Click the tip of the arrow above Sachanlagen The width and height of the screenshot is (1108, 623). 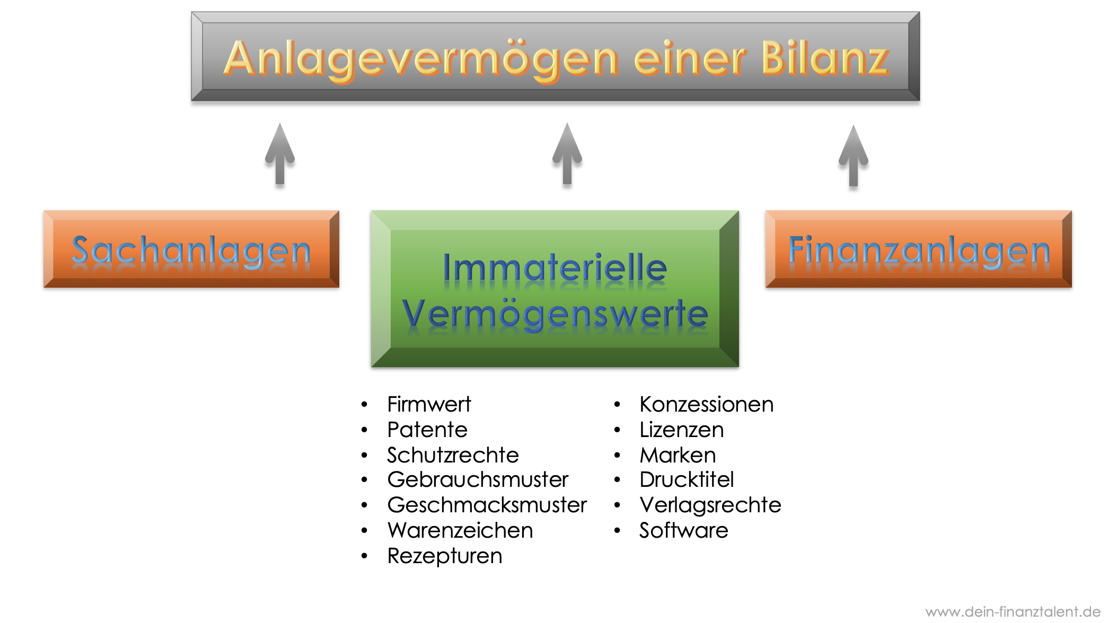click(280, 123)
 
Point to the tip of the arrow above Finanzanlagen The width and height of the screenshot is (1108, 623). click(854, 126)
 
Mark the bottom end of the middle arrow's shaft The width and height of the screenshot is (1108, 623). click(567, 184)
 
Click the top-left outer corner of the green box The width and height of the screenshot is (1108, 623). click(371, 211)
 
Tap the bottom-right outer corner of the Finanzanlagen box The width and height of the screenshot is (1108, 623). click(1072, 288)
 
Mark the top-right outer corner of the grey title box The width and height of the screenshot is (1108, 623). click(920, 12)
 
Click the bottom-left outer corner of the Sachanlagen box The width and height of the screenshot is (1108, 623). click(43, 288)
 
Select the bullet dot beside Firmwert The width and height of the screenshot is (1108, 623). click(364, 405)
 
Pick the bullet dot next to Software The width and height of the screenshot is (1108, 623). click(617, 530)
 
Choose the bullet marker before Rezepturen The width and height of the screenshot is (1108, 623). click(364, 556)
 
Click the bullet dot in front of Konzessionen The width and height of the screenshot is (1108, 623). click(617, 405)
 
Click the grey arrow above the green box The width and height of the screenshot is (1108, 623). click(567, 154)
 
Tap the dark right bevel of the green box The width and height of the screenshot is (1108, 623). click(729, 289)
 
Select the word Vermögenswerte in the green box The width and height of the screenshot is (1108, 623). click(555, 314)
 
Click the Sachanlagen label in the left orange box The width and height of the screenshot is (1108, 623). click(191, 251)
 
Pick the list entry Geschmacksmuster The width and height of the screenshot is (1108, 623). click(487, 505)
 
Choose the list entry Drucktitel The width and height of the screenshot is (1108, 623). click(687, 479)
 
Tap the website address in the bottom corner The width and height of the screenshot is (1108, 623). click(1013, 611)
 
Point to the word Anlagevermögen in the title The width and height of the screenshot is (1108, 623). click(421, 60)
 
